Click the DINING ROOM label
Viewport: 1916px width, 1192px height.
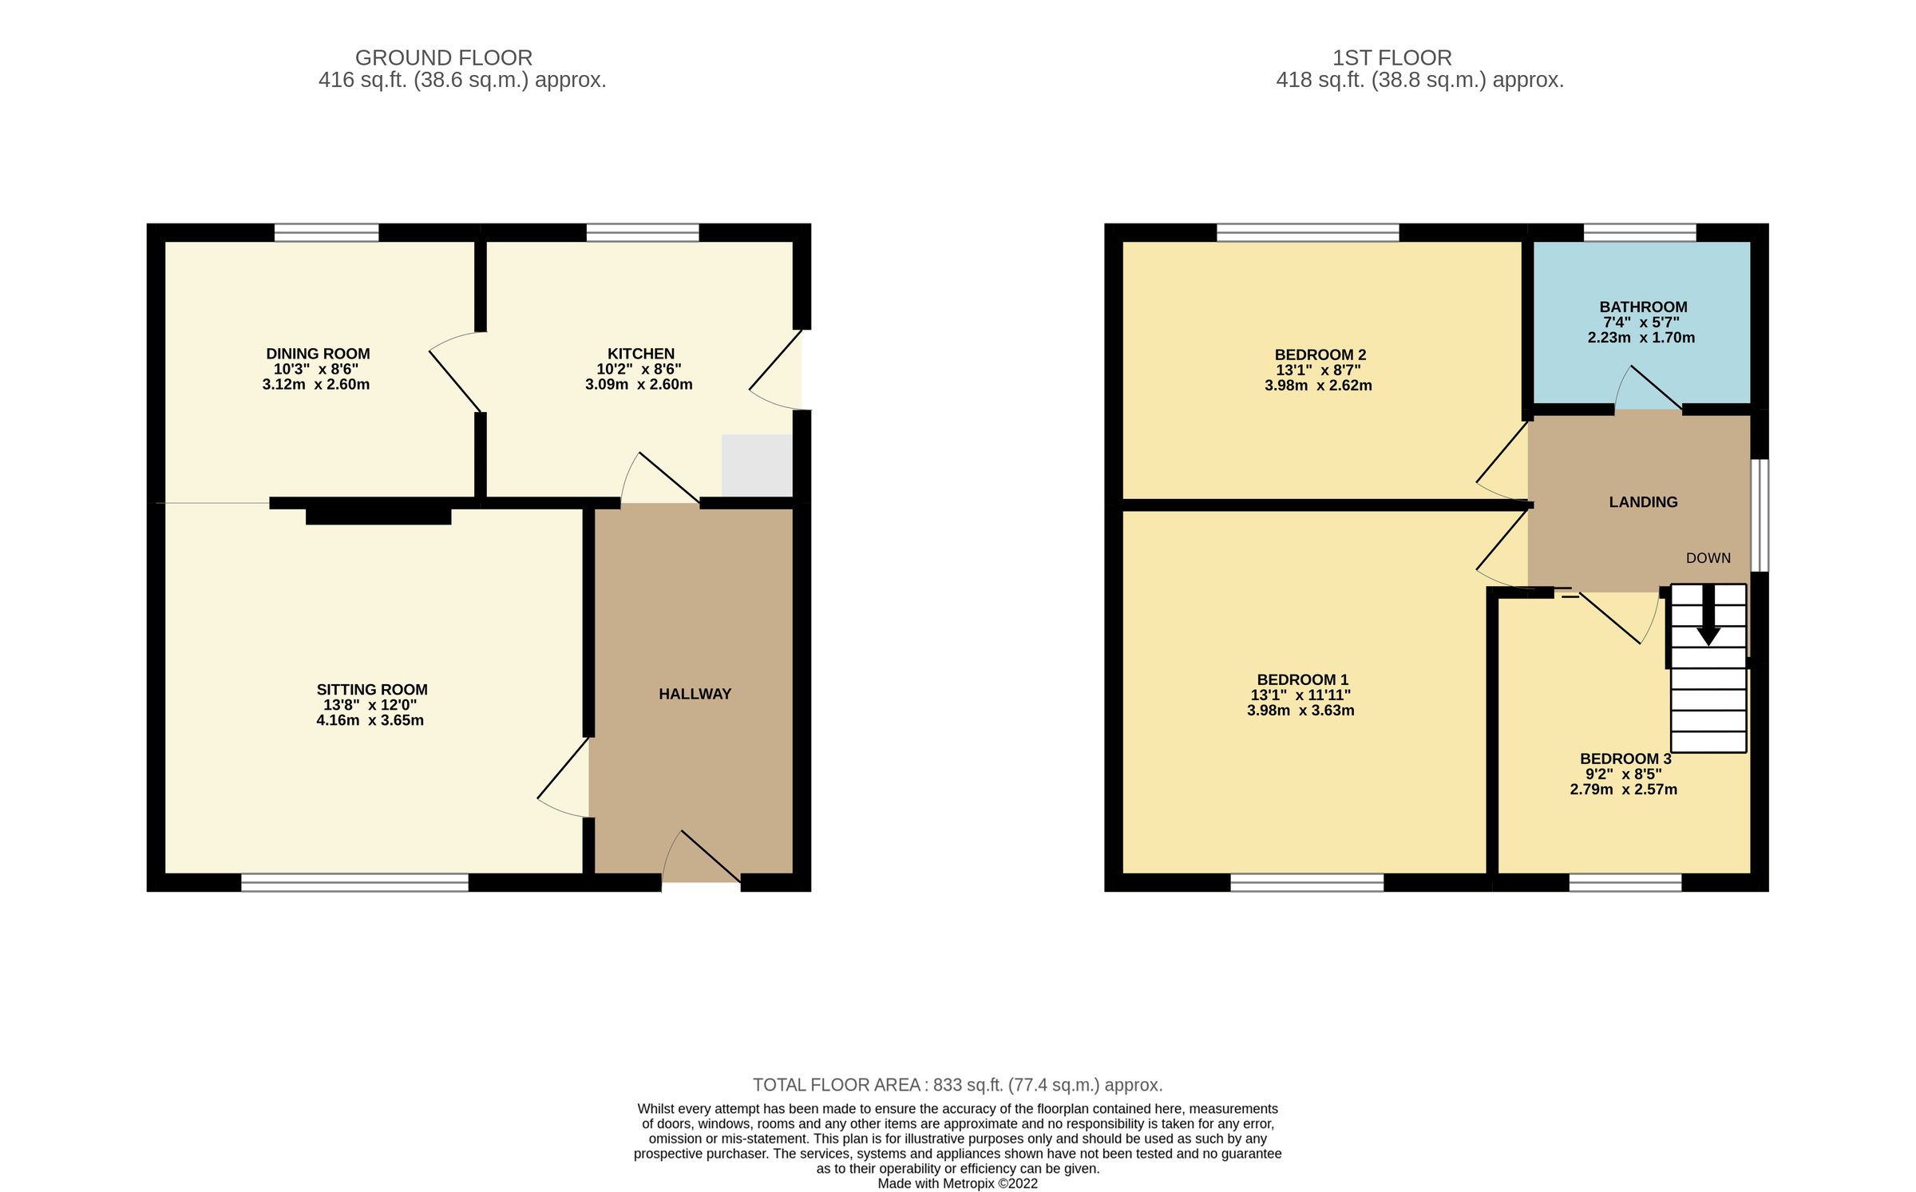click(318, 354)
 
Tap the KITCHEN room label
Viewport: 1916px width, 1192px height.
click(640, 354)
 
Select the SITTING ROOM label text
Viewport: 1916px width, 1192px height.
click(372, 690)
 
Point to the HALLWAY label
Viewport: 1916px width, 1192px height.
click(695, 695)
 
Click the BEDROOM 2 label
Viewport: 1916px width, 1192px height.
click(1320, 355)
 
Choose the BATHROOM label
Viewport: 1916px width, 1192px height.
click(1643, 307)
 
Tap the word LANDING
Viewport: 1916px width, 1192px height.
click(1643, 502)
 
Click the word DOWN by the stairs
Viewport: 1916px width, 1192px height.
click(1708, 559)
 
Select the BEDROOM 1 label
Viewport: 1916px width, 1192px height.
click(1303, 680)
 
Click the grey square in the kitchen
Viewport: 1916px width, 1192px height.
click(757, 465)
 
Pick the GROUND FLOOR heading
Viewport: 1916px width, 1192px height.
click(444, 58)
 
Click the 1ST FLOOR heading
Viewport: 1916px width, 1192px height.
click(1391, 58)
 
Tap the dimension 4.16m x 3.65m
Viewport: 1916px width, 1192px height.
click(370, 720)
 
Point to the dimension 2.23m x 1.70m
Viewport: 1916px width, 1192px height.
click(1641, 338)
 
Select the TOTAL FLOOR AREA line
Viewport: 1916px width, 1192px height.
click(957, 1085)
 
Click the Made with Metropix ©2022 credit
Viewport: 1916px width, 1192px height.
click(957, 1184)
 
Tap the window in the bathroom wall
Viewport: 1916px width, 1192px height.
click(1640, 232)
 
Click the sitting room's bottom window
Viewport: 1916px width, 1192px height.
click(354, 882)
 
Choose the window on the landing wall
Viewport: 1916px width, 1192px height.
click(1760, 515)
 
